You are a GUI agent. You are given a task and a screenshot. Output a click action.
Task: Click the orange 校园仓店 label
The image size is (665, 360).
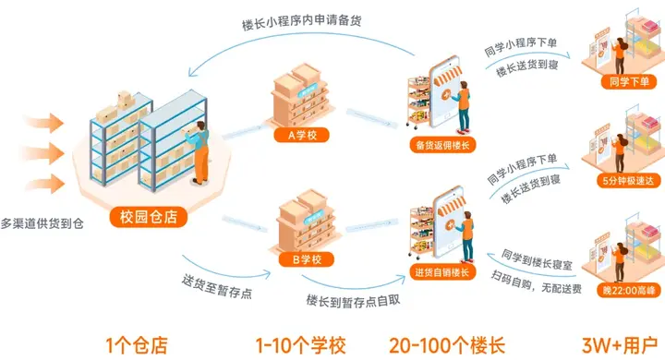click(149, 217)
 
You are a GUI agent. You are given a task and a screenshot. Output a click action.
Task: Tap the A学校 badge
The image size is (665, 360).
click(301, 136)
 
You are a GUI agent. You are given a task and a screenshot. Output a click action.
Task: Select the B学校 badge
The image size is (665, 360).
click(307, 259)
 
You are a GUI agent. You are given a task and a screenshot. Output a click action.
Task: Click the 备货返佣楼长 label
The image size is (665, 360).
click(442, 146)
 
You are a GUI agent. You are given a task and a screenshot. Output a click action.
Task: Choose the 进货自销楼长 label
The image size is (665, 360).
click(442, 272)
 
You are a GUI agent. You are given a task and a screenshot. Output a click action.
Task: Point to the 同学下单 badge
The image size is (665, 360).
click(629, 82)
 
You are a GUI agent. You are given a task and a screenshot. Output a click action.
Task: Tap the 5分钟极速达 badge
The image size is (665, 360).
click(628, 181)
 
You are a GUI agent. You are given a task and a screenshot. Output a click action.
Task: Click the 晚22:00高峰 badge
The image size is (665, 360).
click(629, 291)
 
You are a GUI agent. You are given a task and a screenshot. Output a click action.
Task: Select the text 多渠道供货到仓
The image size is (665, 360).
click(42, 223)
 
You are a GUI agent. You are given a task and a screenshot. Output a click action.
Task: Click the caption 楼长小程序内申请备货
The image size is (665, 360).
click(301, 22)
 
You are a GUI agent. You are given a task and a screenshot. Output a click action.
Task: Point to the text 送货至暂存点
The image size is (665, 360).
click(217, 286)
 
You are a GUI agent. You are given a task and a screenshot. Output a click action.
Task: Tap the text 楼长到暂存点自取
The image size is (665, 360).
click(353, 301)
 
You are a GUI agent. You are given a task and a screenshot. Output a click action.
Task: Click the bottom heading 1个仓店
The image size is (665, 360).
click(137, 345)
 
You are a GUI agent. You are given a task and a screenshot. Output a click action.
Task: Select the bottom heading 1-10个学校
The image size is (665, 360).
click(301, 345)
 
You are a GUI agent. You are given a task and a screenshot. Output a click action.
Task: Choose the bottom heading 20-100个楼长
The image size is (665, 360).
click(447, 345)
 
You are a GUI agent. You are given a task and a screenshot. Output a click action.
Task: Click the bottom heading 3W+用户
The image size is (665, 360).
click(620, 345)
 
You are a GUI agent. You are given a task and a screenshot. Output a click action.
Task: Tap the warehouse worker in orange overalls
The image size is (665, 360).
click(199, 151)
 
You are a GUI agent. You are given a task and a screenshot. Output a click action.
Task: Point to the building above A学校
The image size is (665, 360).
click(300, 96)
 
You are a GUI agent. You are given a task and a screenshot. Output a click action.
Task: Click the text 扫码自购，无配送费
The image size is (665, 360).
click(536, 282)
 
